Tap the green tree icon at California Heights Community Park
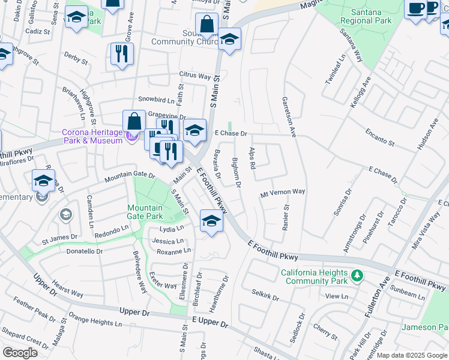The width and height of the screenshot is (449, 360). click(358, 275)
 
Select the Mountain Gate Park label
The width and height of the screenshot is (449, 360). click(145, 212)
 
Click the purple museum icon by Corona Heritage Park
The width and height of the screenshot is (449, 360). click(131, 136)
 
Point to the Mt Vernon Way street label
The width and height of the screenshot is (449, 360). click(282, 192)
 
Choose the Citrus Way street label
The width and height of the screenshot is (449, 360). click(194, 76)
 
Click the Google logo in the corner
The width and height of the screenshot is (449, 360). click(20, 352)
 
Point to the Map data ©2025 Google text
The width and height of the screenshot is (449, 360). click(411, 355)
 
